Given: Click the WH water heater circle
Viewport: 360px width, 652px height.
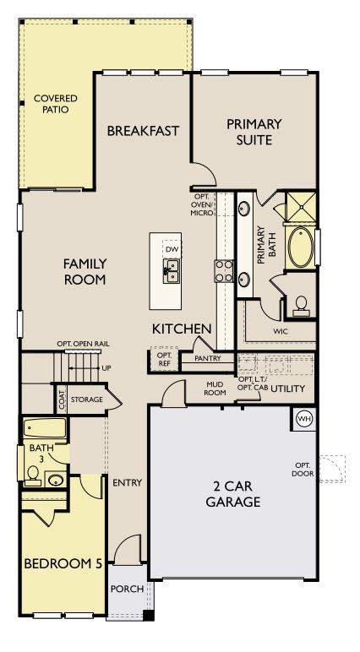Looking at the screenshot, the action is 303,418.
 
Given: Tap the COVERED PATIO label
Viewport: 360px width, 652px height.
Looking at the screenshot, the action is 56,104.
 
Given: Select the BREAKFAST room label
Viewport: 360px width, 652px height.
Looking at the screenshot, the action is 143,131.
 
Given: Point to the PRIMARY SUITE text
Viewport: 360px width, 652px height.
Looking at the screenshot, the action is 254,132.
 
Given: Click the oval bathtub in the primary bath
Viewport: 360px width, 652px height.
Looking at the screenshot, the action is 301,247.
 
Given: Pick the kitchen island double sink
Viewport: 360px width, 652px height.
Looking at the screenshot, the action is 171,271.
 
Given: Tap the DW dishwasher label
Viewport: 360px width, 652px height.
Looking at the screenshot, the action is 171,249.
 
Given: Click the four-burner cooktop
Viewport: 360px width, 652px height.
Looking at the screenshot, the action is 224,271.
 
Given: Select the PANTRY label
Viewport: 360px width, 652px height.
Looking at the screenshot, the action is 208,358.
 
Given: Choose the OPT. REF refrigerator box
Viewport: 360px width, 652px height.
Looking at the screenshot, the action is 164,360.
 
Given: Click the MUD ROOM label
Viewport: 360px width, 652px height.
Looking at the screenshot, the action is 215,388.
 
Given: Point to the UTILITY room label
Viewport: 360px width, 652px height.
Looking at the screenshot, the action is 288,388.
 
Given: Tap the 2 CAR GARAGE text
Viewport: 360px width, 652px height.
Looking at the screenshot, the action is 233,493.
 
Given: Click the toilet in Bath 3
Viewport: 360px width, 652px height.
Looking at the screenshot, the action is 32,475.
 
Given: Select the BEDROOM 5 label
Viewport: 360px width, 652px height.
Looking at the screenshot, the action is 63,564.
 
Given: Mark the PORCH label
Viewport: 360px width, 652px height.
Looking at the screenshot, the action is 127,590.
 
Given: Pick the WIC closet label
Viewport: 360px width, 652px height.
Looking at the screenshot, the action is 281,332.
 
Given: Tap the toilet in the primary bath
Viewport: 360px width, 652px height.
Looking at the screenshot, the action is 301,305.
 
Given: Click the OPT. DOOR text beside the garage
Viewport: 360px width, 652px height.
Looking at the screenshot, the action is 303,470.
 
